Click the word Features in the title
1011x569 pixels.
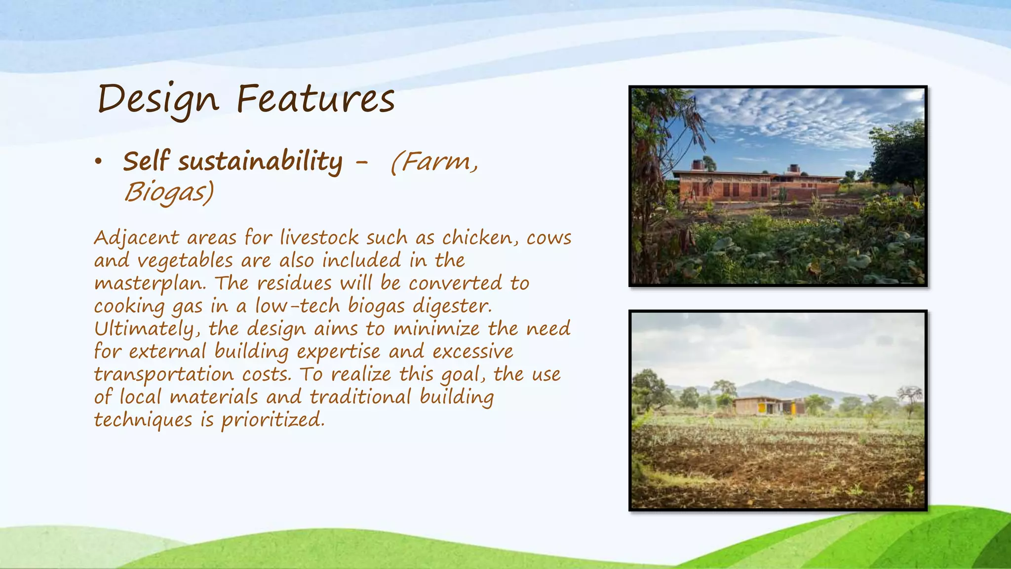point(315,99)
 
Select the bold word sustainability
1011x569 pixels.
point(260,162)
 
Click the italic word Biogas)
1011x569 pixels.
point(169,192)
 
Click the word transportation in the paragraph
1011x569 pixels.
point(163,374)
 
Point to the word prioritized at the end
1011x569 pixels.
point(272,420)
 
